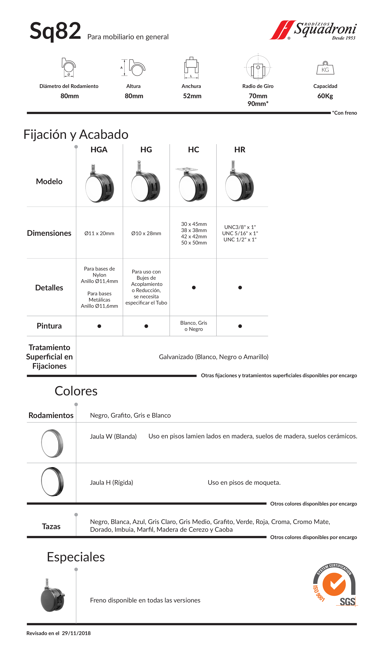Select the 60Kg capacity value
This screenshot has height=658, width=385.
click(325, 96)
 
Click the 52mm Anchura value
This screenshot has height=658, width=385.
click(192, 96)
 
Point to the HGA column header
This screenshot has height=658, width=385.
click(99, 150)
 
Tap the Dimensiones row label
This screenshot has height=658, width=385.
click(49, 233)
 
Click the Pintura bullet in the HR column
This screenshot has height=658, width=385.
click(240, 326)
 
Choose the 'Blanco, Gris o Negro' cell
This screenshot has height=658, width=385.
click(194, 326)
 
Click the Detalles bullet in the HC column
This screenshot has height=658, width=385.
click(194, 287)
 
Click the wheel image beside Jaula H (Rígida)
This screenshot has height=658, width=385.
click(52, 482)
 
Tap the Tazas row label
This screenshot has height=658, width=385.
click(51, 526)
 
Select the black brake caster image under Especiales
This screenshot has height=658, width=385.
click(52, 597)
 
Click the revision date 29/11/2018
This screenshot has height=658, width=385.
click(76, 633)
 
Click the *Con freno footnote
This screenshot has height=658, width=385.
click(344, 113)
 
